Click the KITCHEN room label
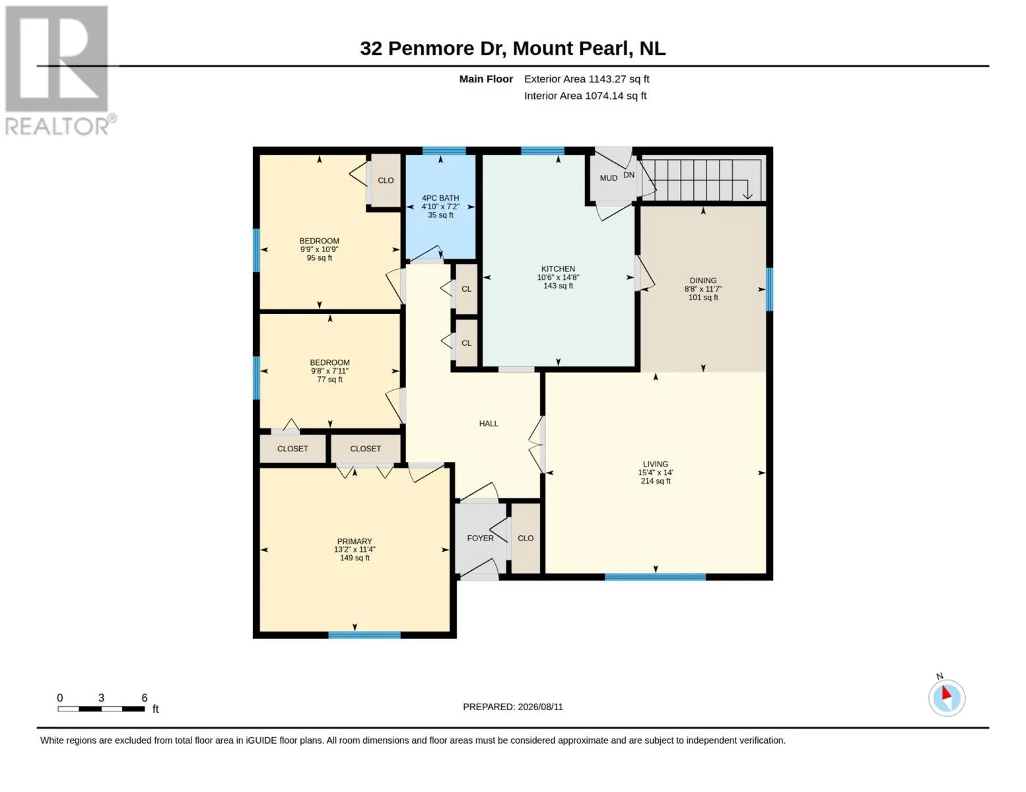pyautogui.click(x=558, y=269)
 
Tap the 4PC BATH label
pyautogui.click(x=440, y=198)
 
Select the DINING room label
pyautogui.click(x=703, y=280)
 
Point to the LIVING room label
pyautogui.click(x=656, y=464)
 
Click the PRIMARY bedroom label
pyautogui.click(x=355, y=541)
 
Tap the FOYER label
pyautogui.click(x=480, y=538)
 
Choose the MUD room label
pyautogui.click(x=609, y=178)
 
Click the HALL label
pyautogui.click(x=489, y=423)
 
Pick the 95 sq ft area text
pyautogui.click(x=320, y=257)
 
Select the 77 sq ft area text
pyautogui.click(x=329, y=379)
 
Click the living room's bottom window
pyautogui.click(x=656, y=577)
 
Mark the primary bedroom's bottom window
pyautogui.click(x=364, y=636)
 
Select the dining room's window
pyautogui.click(x=769, y=289)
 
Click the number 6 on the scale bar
pyautogui.click(x=145, y=698)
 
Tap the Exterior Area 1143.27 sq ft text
pyautogui.click(x=586, y=79)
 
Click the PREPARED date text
pyautogui.click(x=513, y=707)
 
